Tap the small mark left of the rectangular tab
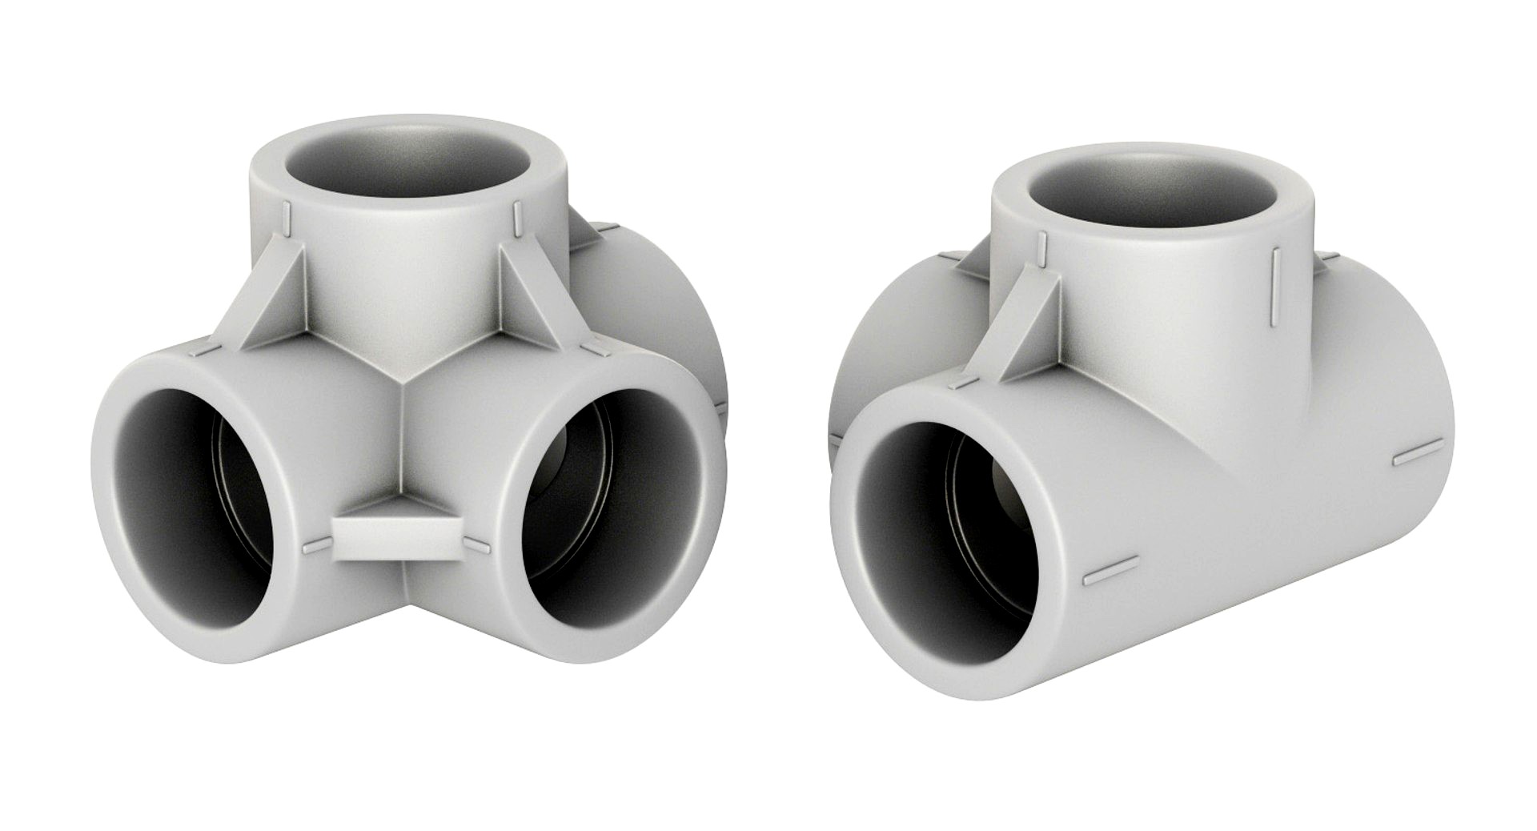tap(315, 548)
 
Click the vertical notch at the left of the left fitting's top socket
tap(283, 215)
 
